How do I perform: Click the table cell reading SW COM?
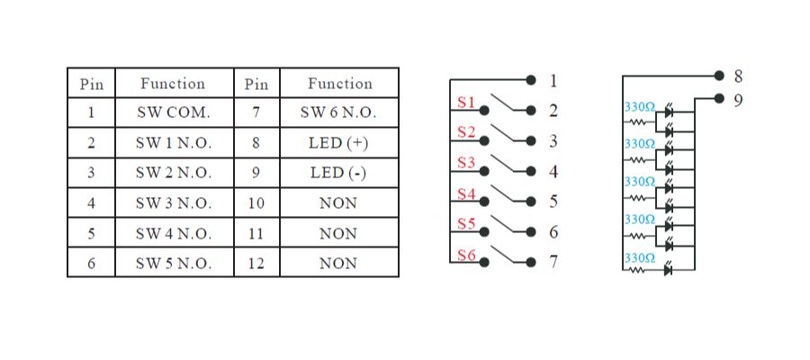(174, 113)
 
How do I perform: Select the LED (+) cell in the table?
(339, 143)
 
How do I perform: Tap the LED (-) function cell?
(339, 173)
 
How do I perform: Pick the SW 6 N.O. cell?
(339, 113)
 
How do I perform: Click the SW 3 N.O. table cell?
(174, 203)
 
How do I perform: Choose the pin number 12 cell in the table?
(256, 264)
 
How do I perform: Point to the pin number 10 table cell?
(256, 203)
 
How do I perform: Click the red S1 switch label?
(465, 103)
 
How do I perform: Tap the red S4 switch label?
(465, 193)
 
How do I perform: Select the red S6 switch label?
(465, 255)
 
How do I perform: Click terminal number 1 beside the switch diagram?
(553, 81)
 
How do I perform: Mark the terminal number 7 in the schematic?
(553, 264)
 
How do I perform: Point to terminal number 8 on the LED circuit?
(738, 76)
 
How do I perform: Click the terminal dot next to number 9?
(718, 100)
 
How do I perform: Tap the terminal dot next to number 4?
(531, 172)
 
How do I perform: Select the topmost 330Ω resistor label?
(639, 106)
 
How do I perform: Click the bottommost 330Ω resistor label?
(639, 256)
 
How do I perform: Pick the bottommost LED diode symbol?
(668, 269)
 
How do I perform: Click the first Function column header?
(173, 84)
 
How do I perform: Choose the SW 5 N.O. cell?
(174, 264)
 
